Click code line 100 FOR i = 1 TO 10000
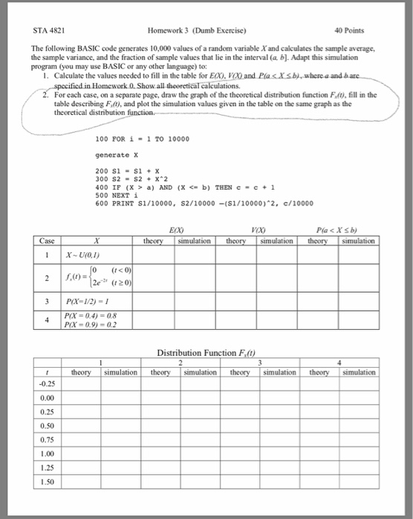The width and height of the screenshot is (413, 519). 143,139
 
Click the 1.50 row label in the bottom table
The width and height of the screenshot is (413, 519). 48,482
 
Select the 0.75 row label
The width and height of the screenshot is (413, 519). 48,440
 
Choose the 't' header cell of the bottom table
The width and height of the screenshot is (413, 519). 47,370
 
